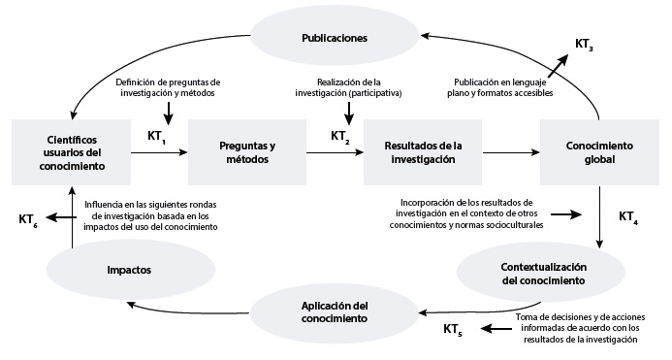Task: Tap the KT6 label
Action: click(31, 219)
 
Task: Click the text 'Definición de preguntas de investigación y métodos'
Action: click(168, 87)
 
